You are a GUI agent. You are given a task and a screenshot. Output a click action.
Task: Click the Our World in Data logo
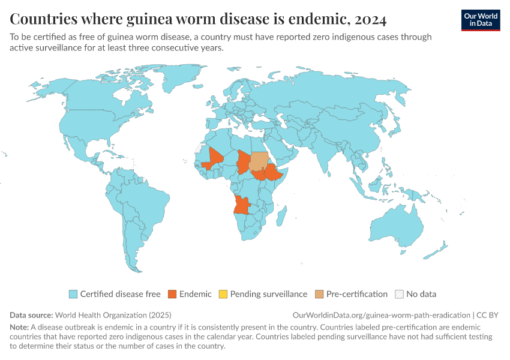point(480,20)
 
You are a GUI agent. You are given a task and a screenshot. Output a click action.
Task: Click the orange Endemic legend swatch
point(172,294)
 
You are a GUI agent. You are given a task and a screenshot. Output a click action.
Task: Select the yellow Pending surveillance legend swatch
point(223,294)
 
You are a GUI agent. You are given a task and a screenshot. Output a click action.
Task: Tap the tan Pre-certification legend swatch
point(319,294)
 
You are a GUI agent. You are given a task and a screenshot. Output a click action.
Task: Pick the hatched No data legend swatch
point(399,294)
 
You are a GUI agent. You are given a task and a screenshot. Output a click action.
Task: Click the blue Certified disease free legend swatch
point(73,294)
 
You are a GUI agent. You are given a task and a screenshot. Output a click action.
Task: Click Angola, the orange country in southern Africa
point(242,205)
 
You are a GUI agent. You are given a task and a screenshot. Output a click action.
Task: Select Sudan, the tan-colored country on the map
point(259,161)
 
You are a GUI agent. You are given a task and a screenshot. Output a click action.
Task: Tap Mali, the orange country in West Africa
point(214,158)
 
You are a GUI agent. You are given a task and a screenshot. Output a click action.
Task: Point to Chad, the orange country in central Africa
point(244,161)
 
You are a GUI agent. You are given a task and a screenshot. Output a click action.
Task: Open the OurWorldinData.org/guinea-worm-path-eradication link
point(381,315)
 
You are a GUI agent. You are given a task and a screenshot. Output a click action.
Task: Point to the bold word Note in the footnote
point(20,328)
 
